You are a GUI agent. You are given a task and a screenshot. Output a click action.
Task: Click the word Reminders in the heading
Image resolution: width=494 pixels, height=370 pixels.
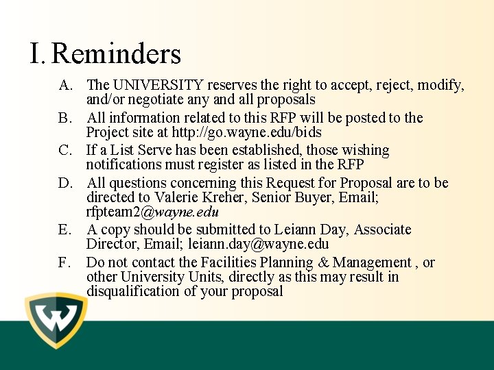pos(117,54)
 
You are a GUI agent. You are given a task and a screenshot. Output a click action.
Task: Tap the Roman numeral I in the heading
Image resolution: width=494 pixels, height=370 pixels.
pos(36,54)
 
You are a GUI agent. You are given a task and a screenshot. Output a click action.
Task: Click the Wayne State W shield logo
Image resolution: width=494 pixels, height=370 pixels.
pos(56,321)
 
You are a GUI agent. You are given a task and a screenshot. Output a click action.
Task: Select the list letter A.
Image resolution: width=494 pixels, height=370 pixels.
pos(65,86)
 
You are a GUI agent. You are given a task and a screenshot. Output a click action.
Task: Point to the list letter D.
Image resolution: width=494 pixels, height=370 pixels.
pos(65,184)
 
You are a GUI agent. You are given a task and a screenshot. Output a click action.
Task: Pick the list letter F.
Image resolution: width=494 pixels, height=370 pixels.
pos(64,263)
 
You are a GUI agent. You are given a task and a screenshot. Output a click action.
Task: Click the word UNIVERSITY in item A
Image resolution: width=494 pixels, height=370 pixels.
pos(158,85)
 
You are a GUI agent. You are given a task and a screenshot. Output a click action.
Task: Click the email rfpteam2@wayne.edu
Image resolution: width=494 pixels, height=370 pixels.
pos(152,212)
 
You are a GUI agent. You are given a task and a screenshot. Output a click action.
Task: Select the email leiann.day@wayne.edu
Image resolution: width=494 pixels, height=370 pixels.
pos(259,244)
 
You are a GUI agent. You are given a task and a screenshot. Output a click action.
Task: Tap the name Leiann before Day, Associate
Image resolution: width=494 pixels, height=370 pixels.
pos(298,230)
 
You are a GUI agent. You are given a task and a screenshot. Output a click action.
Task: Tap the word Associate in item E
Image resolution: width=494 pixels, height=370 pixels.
pos(383,230)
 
